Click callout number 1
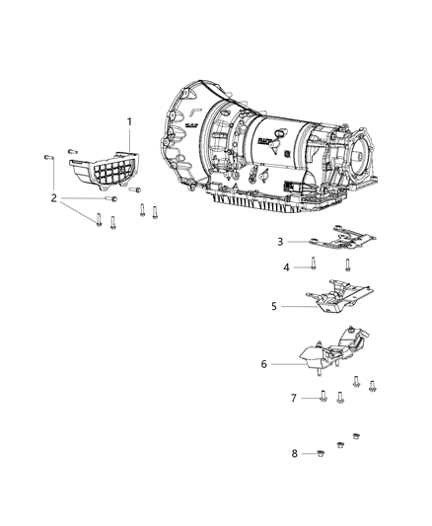[127, 122]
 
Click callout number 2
[54, 198]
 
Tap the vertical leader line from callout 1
[127, 141]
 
